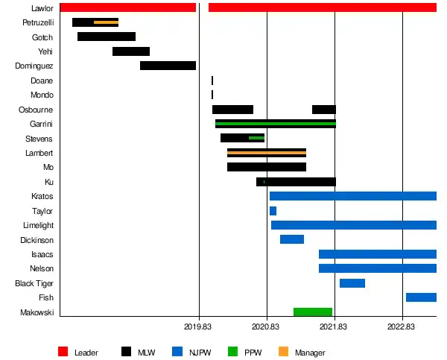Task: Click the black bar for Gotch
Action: tap(107, 37)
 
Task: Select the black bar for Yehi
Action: tap(131, 51)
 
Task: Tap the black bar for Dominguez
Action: tap(168, 66)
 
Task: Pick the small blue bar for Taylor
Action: tap(273, 211)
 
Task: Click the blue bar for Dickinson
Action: tap(292, 239)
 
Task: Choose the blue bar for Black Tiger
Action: tap(352, 283)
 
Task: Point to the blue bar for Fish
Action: tap(421, 297)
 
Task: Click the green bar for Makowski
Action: tap(313, 312)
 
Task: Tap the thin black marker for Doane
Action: tap(212, 80)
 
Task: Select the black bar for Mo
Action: tap(267, 167)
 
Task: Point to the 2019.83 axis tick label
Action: tap(198, 326)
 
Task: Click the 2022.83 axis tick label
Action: tap(402, 326)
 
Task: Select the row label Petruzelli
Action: tap(37, 23)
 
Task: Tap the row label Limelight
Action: tap(37, 225)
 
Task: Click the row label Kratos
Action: tap(42, 196)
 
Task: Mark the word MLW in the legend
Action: tap(147, 353)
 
